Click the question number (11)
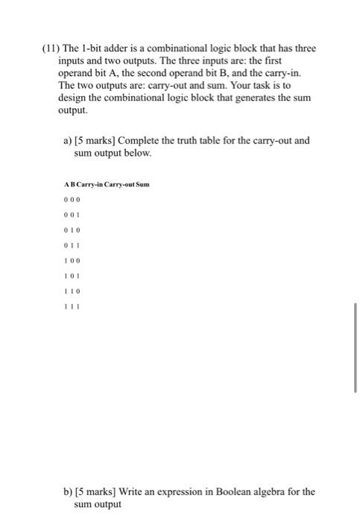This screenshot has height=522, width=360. tap(52, 48)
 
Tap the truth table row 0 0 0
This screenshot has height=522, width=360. tap(72, 200)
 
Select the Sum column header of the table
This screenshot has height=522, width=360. tap(143, 183)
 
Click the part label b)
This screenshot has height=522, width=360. tap(68, 491)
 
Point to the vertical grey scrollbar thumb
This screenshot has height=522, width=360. tap(356, 348)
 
